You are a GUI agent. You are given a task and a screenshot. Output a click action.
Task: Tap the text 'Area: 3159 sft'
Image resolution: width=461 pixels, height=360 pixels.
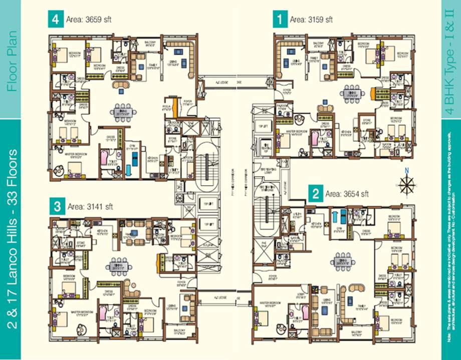tap(311, 20)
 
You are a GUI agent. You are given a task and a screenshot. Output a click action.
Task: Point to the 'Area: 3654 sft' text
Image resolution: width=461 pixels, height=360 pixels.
tap(347, 194)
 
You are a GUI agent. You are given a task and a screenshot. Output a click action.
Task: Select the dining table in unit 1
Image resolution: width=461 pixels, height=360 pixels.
tap(349, 93)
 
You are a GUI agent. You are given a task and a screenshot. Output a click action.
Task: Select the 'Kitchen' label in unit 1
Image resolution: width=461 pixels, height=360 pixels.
tap(346, 132)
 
